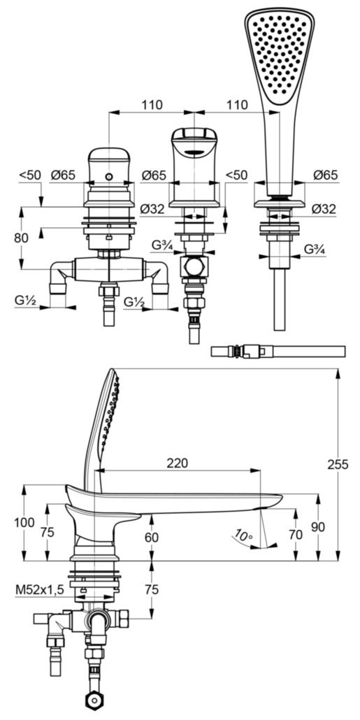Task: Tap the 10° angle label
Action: [x=243, y=537]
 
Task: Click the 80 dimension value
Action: [x=21, y=238]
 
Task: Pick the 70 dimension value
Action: [x=296, y=535]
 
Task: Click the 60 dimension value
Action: [x=152, y=537]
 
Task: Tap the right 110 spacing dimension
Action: [x=237, y=105]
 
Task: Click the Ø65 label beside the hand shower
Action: [x=324, y=175]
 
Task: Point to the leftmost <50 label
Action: [x=30, y=175]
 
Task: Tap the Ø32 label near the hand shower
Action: [x=324, y=208]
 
